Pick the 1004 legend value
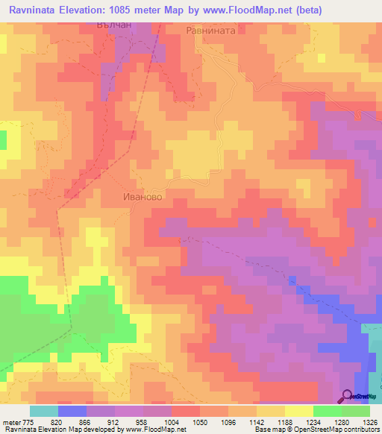[x=173, y=421]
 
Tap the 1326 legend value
[x=369, y=421]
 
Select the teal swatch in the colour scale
[x=44, y=411]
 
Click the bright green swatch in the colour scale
[x=328, y=411]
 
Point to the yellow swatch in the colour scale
[x=299, y=411]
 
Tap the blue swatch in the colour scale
[x=72, y=411]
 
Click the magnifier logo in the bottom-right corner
[x=347, y=396]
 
